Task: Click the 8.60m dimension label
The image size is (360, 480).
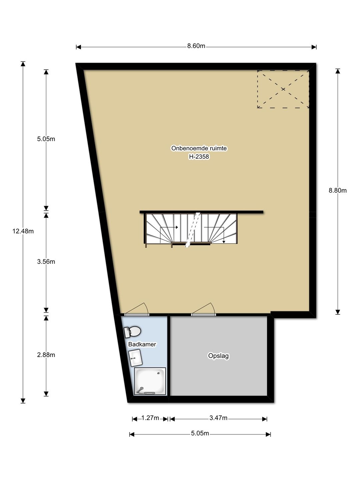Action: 196,46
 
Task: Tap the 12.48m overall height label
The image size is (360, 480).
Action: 23,231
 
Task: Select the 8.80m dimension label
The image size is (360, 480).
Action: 337,190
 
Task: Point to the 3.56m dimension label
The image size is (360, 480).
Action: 46,262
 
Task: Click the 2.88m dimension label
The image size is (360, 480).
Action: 46,355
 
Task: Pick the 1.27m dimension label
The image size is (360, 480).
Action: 150,418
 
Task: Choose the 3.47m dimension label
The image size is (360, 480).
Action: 218,418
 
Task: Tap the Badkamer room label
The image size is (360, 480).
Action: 142,344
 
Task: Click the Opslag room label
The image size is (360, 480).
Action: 218,356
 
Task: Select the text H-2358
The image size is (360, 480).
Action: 199,157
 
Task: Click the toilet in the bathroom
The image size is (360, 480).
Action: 132,332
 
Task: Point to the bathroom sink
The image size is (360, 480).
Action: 135,358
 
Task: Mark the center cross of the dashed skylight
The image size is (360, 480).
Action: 283,89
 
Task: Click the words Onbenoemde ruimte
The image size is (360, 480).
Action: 199,148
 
